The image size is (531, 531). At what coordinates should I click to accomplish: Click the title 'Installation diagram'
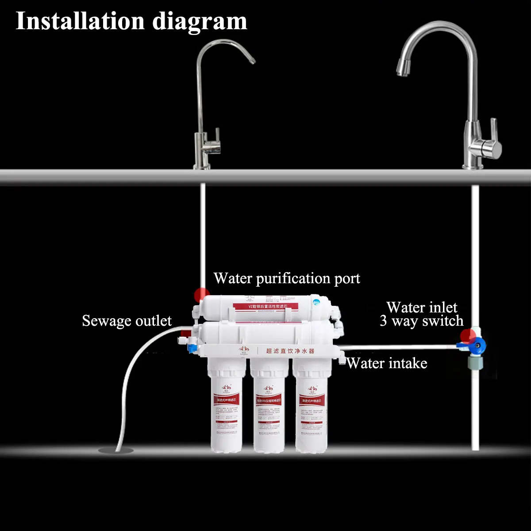pos(131,21)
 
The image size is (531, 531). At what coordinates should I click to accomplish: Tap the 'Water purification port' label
pos(287,278)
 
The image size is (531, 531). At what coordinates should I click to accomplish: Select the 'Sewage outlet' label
pos(127,320)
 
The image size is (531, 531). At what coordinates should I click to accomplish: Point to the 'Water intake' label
pos(387,363)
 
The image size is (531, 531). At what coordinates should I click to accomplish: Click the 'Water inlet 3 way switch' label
pos(421,314)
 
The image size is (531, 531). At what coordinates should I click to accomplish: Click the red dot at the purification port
pos(202,294)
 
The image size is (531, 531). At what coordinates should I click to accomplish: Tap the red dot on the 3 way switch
pos(466,335)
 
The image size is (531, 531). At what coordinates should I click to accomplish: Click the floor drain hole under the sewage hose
pos(115,450)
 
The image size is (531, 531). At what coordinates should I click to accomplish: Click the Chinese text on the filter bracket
pos(290,351)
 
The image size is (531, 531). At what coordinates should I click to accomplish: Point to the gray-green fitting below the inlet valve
pos(476,364)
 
